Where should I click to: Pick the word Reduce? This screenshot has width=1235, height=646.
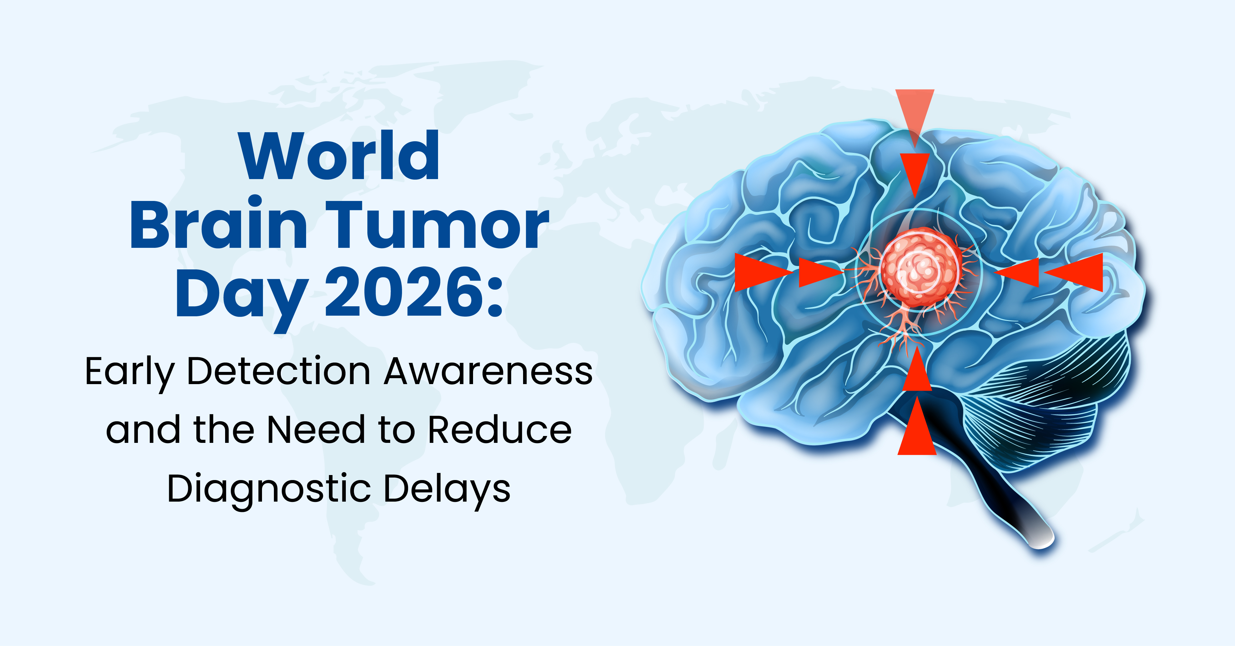(x=500, y=429)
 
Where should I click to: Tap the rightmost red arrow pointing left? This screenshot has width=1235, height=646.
(x=1074, y=273)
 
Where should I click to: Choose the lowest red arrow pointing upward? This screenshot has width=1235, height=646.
(x=917, y=426)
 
